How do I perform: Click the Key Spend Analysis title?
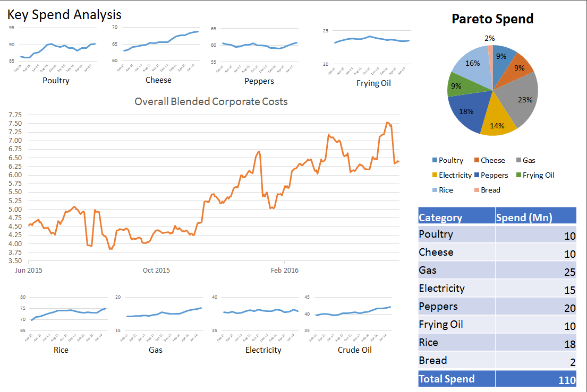click(64, 15)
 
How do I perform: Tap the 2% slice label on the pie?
click(490, 38)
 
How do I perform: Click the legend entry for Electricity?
click(452, 175)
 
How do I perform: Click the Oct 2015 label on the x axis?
click(156, 270)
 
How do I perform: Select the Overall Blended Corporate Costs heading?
click(211, 101)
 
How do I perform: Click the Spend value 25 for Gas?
click(569, 272)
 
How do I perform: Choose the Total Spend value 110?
click(566, 380)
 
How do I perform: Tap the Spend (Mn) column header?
click(524, 217)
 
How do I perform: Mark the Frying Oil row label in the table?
click(441, 325)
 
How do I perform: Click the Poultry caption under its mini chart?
click(56, 81)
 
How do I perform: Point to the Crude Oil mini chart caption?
click(354, 350)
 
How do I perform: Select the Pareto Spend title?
click(492, 19)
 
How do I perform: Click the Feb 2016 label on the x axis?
click(285, 270)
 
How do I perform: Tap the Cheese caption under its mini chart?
click(158, 80)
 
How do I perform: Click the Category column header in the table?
click(440, 217)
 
